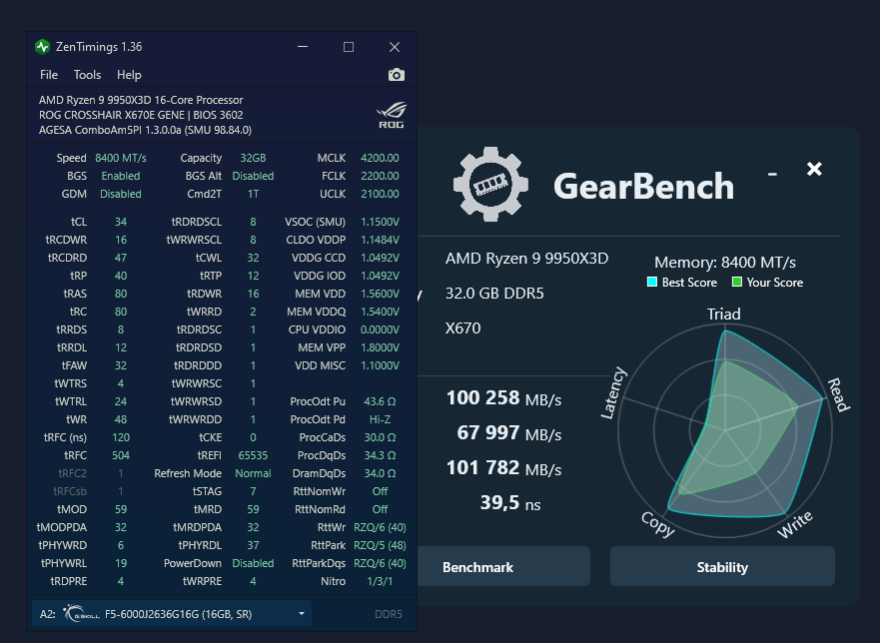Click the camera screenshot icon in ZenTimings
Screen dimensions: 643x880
pyautogui.click(x=397, y=75)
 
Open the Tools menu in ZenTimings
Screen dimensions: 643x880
pyautogui.click(x=87, y=75)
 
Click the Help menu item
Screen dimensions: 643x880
pyautogui.click(x=129, y=75)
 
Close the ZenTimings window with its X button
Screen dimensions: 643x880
pyautogui.click(x=395, y=47)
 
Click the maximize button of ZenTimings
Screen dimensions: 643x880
pyautogui.click(x=349, y=47)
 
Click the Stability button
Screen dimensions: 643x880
pyautogui.click(x=722, y=567)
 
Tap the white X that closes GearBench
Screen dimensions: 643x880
pyautogui.click(x=814, y=169)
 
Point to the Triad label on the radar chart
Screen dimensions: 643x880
pyautogui.click(x=724, y=314)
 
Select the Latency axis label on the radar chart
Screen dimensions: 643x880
pyautogui.click(x=614, y=392)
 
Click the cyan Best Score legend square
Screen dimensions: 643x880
pyautogui.click(x=652, y=283)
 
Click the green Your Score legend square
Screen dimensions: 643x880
pyautogui.click(x=737, y=283)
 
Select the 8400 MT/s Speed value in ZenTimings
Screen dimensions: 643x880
pyautogui.click(x=121, y=158)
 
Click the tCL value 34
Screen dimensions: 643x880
pyautogui.click(x=121, y=222)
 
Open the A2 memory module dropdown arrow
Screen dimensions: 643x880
pyautogui.click(x=301, y=613)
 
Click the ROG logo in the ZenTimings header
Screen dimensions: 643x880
pyautogui.click(x=391, y=115)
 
